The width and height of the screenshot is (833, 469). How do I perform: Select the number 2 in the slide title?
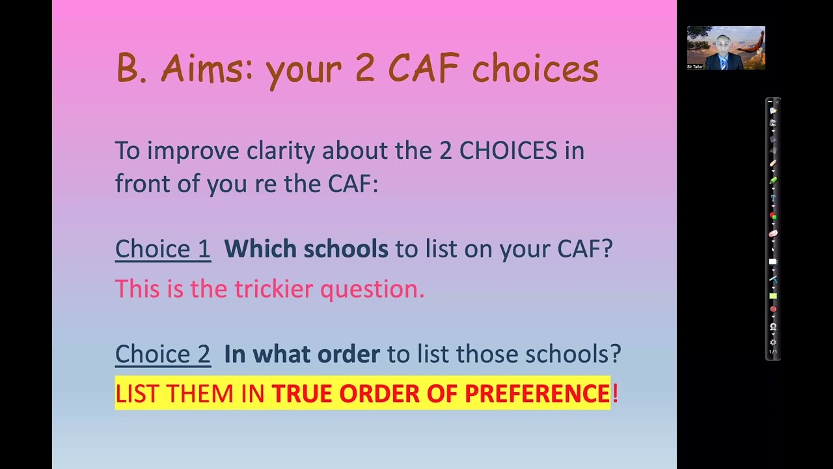(x=364, y=69)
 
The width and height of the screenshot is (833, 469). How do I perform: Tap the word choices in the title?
(x=535, y=69)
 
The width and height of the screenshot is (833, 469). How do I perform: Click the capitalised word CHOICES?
(x=508, y=150)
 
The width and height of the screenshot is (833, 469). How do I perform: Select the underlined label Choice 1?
(x=163, y=249)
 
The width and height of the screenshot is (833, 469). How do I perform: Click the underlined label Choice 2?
(x=163, y=354)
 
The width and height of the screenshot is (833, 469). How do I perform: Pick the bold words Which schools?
(x=306, y=249)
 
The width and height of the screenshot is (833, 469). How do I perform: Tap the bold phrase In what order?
(x=302, y=354)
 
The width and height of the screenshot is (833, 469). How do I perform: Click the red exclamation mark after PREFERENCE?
(x=615, y=393)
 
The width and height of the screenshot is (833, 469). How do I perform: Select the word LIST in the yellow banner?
(x=137, y=393)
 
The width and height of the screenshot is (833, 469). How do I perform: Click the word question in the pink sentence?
(x=372, y=289)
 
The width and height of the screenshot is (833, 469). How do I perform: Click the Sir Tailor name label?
(x=695, y=66)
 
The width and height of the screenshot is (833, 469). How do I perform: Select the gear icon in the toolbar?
(x=773, y=342)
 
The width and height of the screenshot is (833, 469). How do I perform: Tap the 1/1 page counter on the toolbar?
(x=773, y=352)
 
